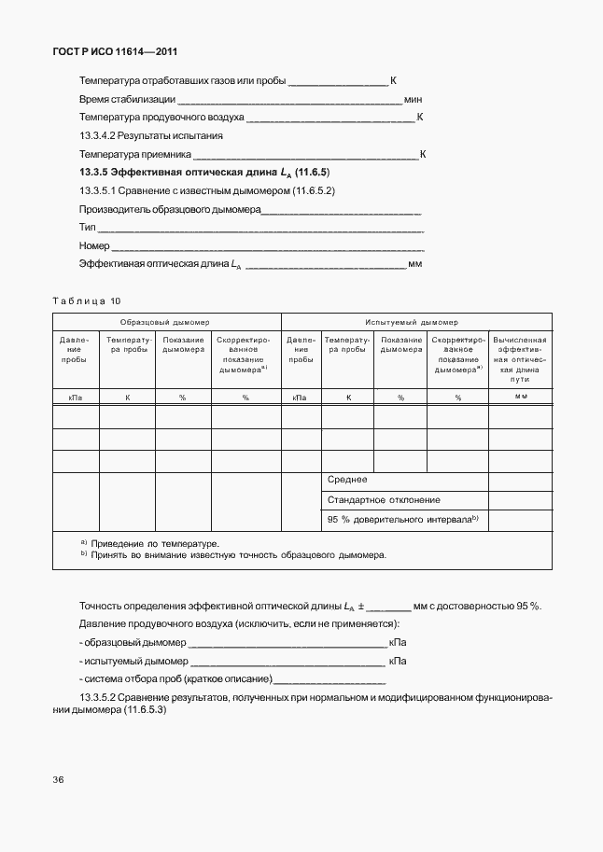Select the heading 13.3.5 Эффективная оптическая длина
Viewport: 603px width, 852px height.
click(204, 173)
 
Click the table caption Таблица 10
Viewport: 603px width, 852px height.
click(87, 300)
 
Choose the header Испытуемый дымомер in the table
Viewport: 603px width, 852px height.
click(415, 321)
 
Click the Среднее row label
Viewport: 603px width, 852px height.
click(347, 480)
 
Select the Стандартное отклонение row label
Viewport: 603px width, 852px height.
click(384, 500)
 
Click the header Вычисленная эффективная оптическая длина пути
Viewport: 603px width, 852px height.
click(520, 359)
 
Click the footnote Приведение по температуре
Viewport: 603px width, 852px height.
click(155, 543)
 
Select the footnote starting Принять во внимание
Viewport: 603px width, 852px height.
click(238, 554)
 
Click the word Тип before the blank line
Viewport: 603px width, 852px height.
click(88, 228)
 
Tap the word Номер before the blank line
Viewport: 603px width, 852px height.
click(94, 246)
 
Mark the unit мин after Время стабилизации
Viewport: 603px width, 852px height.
click(414, 99)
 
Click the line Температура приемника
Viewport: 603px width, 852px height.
click(135, 154)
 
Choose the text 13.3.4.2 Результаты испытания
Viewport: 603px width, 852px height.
click(150, 135)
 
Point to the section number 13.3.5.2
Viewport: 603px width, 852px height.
click(100, 698)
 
